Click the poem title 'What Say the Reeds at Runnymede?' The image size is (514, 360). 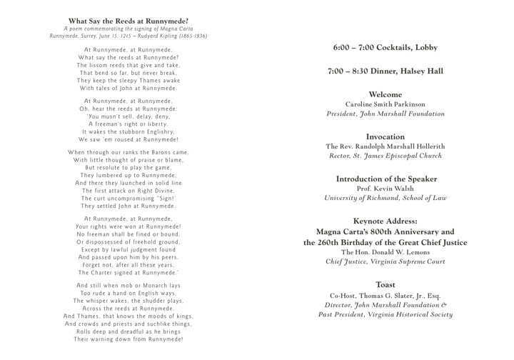pos(128,21)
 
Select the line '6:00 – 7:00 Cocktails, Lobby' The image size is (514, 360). pos(385,48)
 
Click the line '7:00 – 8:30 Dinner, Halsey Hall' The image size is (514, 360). pos(385,71)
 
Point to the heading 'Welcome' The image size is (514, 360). pos(385,94)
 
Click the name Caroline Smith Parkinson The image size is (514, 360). pos(385,104)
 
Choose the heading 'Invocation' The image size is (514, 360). pos(385,136)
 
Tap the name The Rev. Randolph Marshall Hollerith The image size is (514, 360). pos(385,146)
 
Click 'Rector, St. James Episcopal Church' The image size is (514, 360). pos(385,156)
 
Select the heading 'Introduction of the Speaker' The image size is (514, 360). pos(385,179)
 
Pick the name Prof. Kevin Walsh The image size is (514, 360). pos(385,189)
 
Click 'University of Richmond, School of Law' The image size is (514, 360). pos(385,198)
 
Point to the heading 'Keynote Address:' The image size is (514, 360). pos(385,221)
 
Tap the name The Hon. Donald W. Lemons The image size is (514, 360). pos(385,253)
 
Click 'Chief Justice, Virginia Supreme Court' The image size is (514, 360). pos(385,262)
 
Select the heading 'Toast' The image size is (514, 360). pos(385,285)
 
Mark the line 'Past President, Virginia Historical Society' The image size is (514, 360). pos(385,314)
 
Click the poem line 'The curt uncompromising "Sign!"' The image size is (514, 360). pos(129,198)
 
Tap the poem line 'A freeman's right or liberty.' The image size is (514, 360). pos(129,124)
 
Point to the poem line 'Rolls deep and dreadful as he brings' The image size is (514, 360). pos(129,331)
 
